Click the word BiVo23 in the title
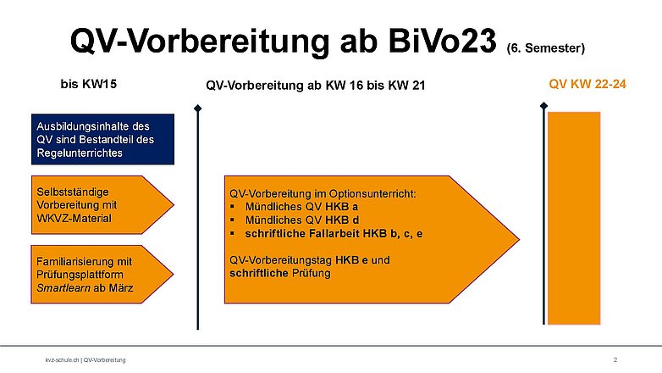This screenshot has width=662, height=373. [442, 41]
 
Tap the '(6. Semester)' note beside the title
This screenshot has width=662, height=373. [546, 48]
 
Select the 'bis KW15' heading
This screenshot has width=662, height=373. [89, 84]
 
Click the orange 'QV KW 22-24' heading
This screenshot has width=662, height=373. [588, 84]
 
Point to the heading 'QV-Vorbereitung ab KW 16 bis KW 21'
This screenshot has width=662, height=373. [316, 86]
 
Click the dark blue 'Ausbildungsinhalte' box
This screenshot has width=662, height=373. [102, 139]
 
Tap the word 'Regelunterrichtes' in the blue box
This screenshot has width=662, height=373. [80, 153]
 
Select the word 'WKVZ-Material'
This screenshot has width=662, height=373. [74, 219]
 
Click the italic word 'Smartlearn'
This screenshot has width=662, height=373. [63, 288]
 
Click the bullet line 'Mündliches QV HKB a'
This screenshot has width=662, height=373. [301, 207]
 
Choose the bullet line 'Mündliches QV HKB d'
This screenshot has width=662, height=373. [302, 220]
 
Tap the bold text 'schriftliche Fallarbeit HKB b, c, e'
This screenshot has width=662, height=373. [334, 234]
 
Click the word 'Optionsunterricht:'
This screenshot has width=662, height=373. [372, 193]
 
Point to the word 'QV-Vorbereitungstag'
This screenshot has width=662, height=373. [281, 260]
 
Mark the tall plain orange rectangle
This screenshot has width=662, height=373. [574, 218]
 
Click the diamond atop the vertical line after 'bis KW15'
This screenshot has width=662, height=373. [197, 109]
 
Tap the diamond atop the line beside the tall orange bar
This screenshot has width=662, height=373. [543, 106]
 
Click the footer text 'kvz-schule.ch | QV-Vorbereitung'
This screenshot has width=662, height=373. [86, 360]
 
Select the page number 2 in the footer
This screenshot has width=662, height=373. [615, 360]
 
